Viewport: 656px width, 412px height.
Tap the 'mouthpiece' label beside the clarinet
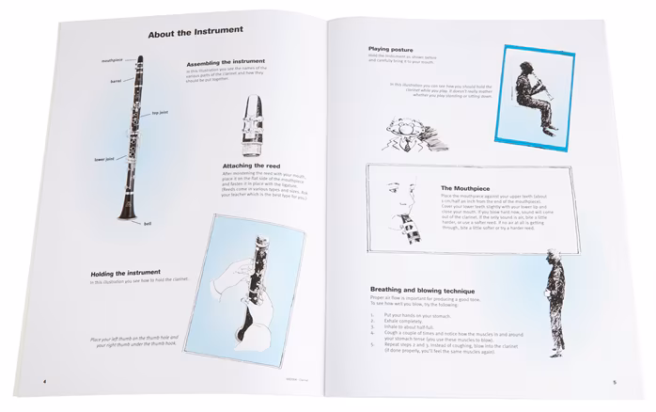pos(114,59)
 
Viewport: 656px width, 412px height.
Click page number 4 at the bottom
pos(44,381)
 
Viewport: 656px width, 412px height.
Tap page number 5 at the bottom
pos(613,382)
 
